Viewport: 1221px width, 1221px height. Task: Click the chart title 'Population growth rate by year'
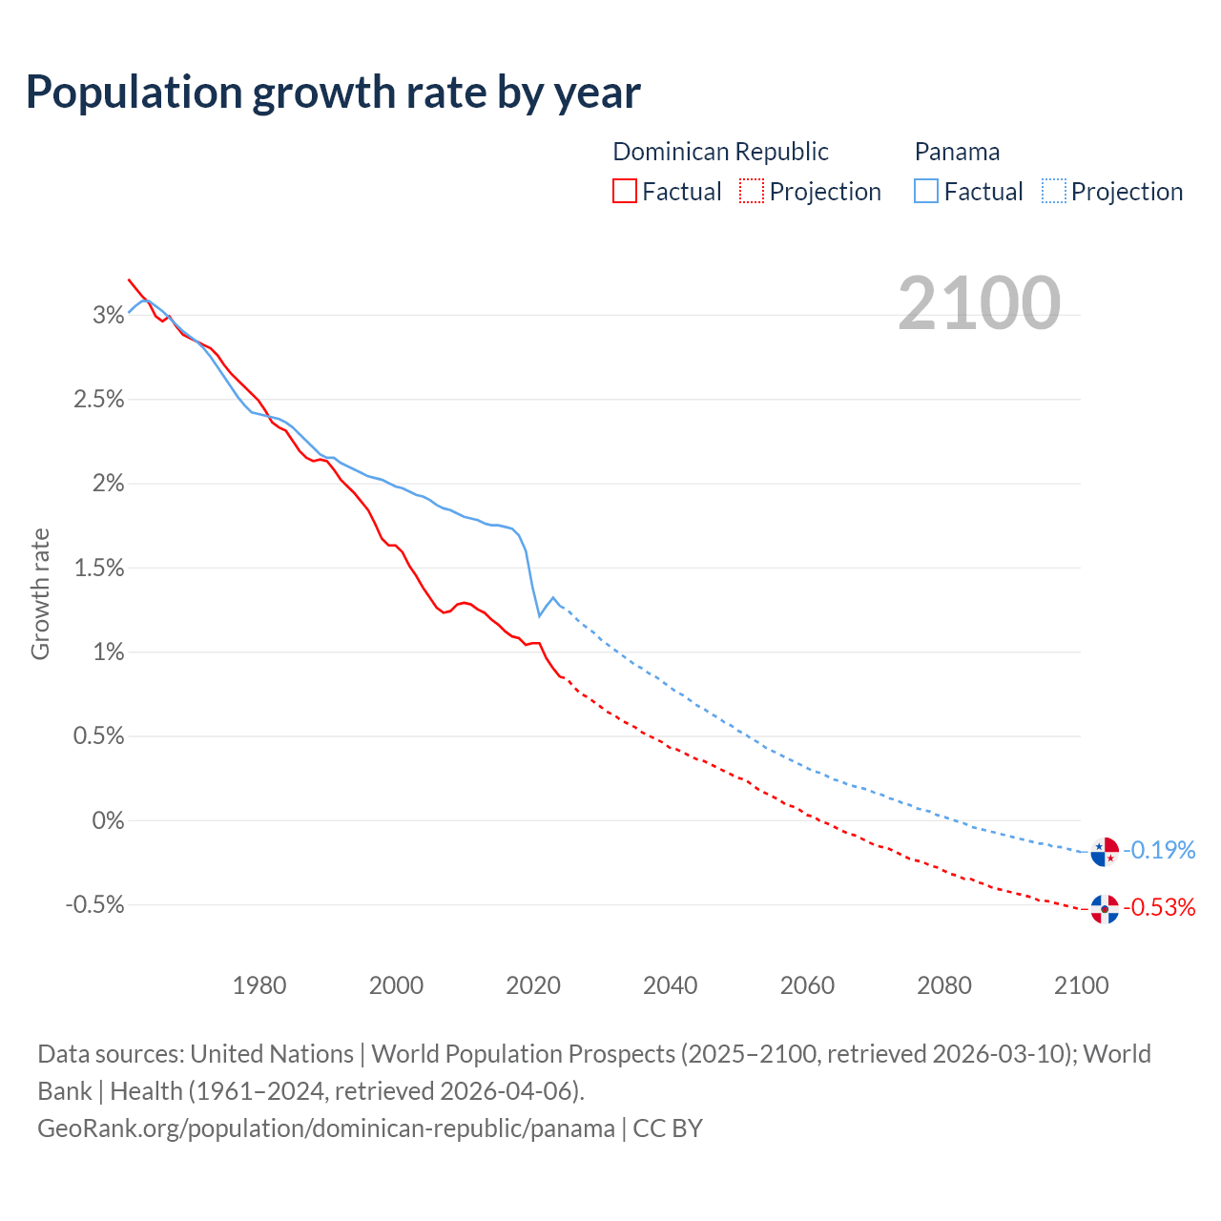click(333, 93)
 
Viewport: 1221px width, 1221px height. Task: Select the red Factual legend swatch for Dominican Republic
click(624, 192)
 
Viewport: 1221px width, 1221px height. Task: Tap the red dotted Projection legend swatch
click(752, 192)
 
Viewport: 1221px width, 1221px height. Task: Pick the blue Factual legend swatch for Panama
click(925, 192)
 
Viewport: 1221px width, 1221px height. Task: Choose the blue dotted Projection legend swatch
click(1053, 192)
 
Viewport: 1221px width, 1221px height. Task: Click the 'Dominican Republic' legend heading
click(720, 152)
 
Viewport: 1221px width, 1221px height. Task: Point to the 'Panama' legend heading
click(957, 152)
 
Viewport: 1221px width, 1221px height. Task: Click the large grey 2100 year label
click(979, 303)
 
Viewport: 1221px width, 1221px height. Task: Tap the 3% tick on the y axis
click(109, 315)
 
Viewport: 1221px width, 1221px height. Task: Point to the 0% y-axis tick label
click(109, 820)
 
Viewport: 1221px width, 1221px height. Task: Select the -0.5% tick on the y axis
click(95, 904)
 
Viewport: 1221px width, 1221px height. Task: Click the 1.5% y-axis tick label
click(99, 568)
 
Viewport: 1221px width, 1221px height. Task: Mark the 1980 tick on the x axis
click(259, 985)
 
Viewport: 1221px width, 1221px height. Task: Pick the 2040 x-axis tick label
click(671, 985)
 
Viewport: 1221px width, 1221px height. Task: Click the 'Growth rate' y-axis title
click(40, 593)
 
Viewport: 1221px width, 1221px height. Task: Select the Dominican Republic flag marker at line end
click(1105, 909)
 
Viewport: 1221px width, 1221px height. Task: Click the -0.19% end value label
click(1159, 850)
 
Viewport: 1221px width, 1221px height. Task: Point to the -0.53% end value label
click(1159, 907)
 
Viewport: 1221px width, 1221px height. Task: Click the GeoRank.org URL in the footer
click(326, 1128)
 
